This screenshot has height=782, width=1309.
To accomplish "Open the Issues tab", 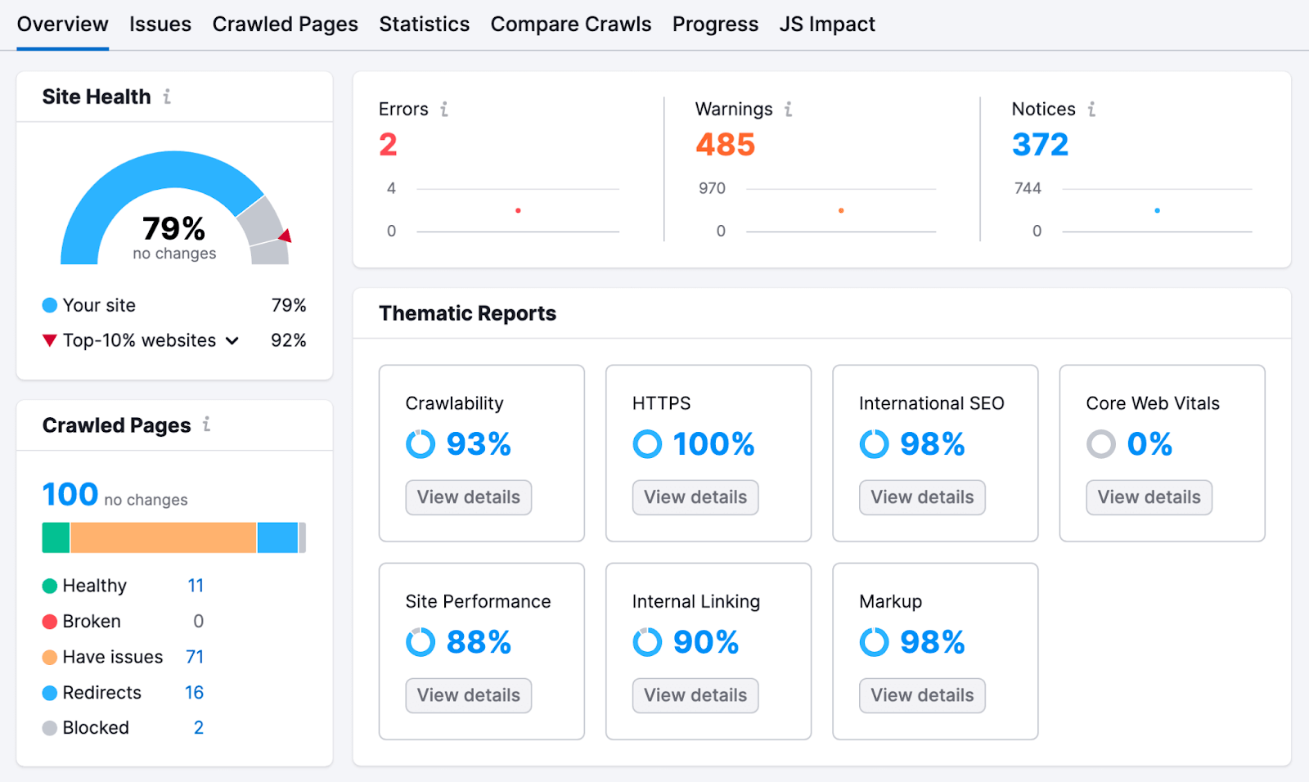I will [160, 25].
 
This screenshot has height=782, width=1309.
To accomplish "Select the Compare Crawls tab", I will [570, 25].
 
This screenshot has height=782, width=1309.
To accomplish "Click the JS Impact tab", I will [826, 25].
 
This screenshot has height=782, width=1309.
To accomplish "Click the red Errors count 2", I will [388, 145].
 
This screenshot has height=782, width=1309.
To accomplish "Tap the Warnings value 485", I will [725, 145].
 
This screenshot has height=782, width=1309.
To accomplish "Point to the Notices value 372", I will [1040, 145].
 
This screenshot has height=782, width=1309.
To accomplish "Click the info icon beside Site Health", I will [167, 97].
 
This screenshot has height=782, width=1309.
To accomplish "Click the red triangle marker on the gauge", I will [286, 236].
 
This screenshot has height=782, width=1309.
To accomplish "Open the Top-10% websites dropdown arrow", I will [232, 340].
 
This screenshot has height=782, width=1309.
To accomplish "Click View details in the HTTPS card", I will [695, 497].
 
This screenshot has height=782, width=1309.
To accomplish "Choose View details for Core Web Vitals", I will [1149, 497].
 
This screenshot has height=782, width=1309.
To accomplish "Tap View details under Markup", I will [922, 695].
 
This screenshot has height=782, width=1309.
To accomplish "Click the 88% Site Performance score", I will [479, 642].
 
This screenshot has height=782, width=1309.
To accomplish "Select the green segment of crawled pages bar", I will [56, 537].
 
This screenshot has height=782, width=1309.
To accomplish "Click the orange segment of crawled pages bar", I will [163, 537].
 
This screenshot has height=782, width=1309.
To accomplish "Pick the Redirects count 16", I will [194, 693].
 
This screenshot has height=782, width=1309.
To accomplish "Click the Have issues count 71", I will [195, 657].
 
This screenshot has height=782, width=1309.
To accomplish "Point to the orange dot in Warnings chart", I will [841, 211].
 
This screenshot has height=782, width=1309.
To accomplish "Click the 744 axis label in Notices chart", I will [1028, 188].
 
